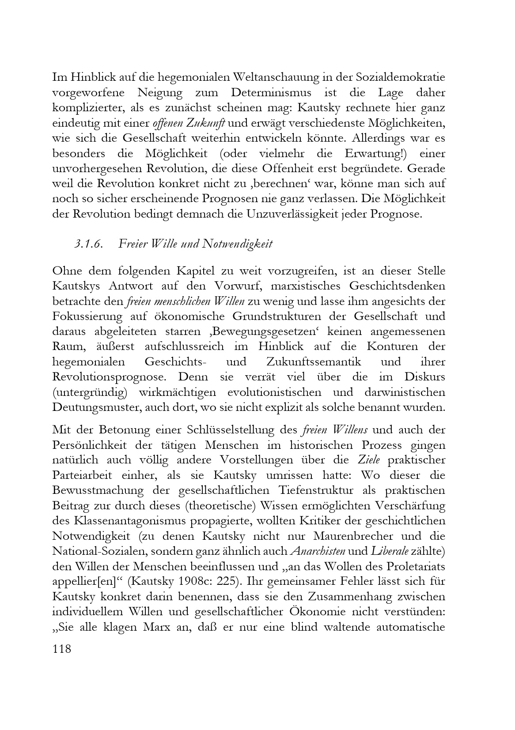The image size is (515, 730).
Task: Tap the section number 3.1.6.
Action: pos(88,244)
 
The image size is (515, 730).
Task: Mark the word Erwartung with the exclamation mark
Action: pos(382,153)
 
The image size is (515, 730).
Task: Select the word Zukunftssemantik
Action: pos(314,361)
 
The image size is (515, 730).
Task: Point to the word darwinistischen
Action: pos(402,392)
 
